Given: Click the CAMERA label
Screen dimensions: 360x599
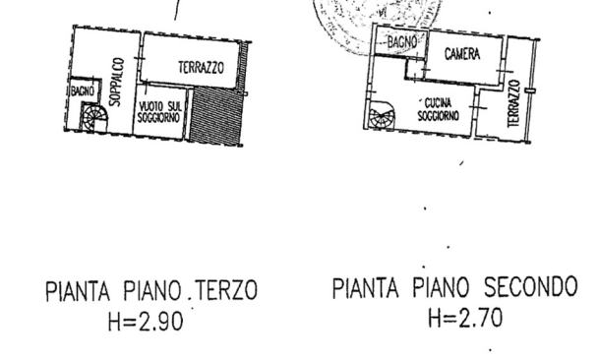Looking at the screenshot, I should [x=461, y=55].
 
